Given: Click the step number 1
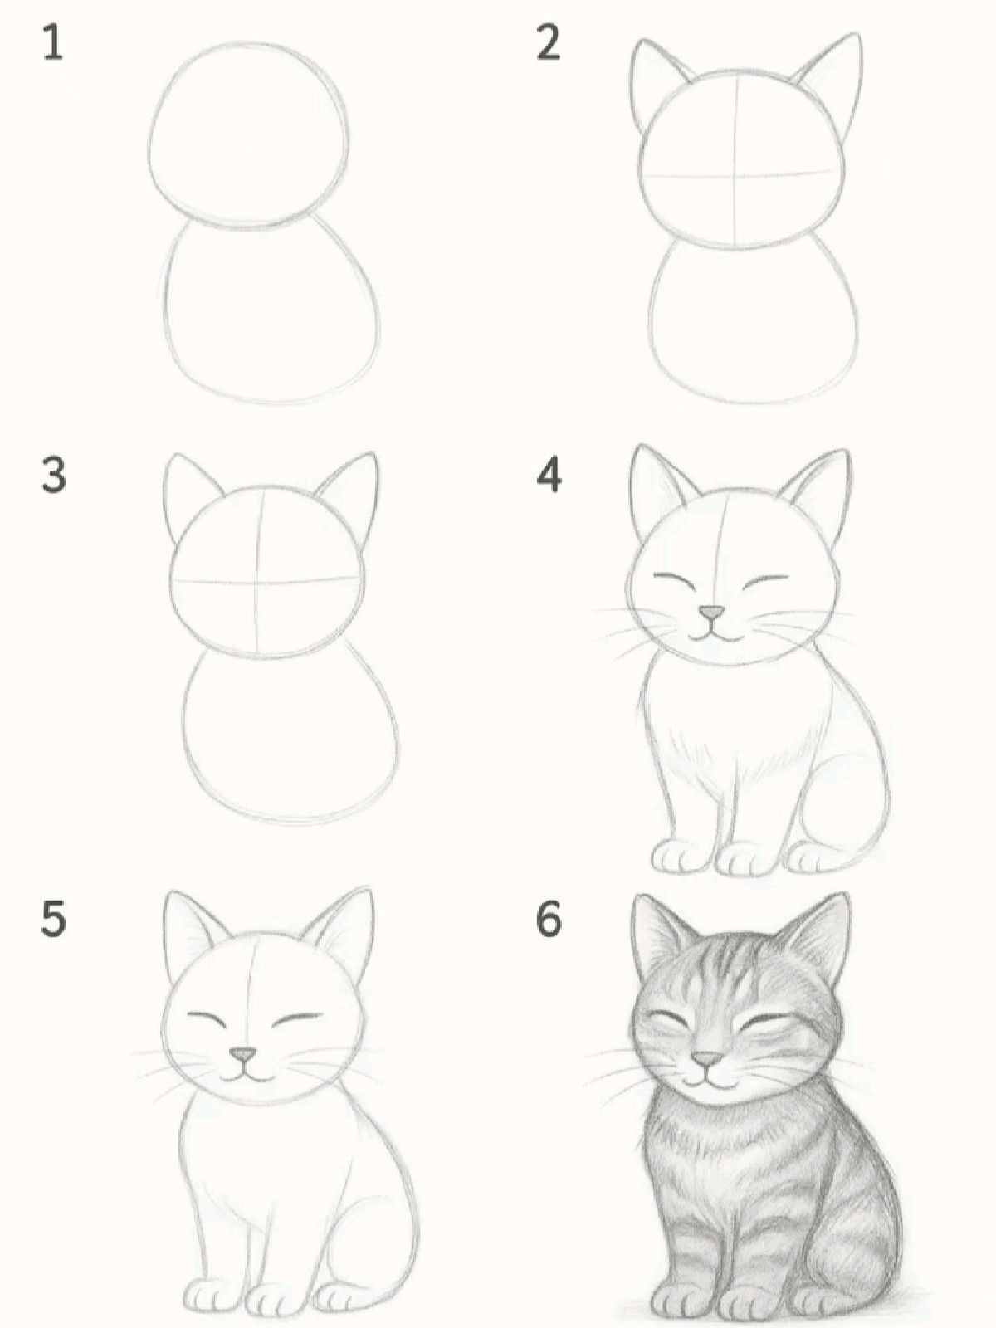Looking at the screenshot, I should (x=53, y=42).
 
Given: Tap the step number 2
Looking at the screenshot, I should (x=548, y=42).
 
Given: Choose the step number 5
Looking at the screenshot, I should (x=53, y=920).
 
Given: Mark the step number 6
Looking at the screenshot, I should (x=549, y=920).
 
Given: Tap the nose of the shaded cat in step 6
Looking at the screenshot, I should (x=706, y=1059).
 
